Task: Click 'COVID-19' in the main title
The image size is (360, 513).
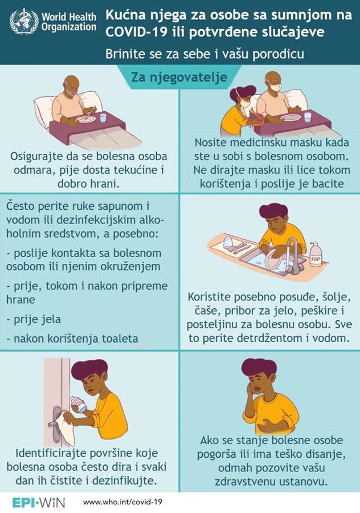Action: tap(135, 32)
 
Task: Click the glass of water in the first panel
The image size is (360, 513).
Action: tap(103, 117)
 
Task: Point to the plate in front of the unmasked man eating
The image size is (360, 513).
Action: tap(87, 118)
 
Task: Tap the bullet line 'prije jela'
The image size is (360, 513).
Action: tap(34, 319)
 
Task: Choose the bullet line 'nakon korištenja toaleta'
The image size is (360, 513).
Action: tap(72, 339)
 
